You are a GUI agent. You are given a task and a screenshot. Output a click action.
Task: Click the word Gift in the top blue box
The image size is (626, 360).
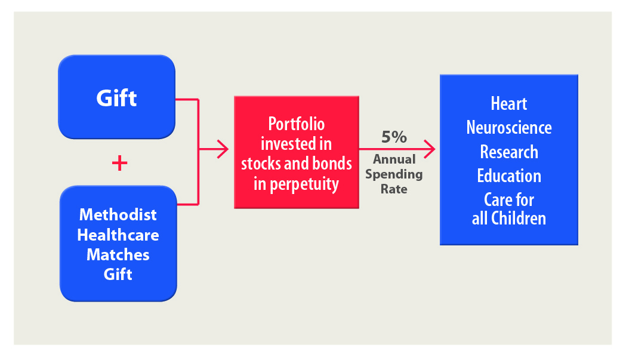click(x=116, y=98)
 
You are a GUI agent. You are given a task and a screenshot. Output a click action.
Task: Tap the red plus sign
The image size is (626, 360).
click(x=119, y=163)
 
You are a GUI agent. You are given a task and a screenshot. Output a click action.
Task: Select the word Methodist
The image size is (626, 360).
click(x=118, y=214)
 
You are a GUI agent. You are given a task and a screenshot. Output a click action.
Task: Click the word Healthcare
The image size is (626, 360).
click(x=118, y=235)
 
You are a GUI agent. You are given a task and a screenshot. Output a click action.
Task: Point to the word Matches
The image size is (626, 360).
click(x=118, y=254)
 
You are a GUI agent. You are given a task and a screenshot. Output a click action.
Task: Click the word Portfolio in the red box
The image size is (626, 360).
click(x=296, y=124)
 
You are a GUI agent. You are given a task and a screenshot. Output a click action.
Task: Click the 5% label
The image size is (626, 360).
click(x=394, y=137)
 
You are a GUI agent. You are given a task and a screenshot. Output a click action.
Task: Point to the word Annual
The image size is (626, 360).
click(x=394, y=160)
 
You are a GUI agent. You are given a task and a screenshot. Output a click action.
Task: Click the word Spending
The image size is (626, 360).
click(x=394, y=174)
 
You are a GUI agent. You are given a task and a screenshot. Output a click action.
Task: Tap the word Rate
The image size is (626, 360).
click(x=394, y=189)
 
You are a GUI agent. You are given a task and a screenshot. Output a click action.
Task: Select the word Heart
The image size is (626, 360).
click(x=508, y=104)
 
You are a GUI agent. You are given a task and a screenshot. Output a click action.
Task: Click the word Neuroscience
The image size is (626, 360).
click(x=508, y=128)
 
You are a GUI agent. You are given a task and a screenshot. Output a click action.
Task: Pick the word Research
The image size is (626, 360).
click(x=508, y=152)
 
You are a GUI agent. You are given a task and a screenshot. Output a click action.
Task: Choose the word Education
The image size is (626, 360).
click(x=508, y=176)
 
